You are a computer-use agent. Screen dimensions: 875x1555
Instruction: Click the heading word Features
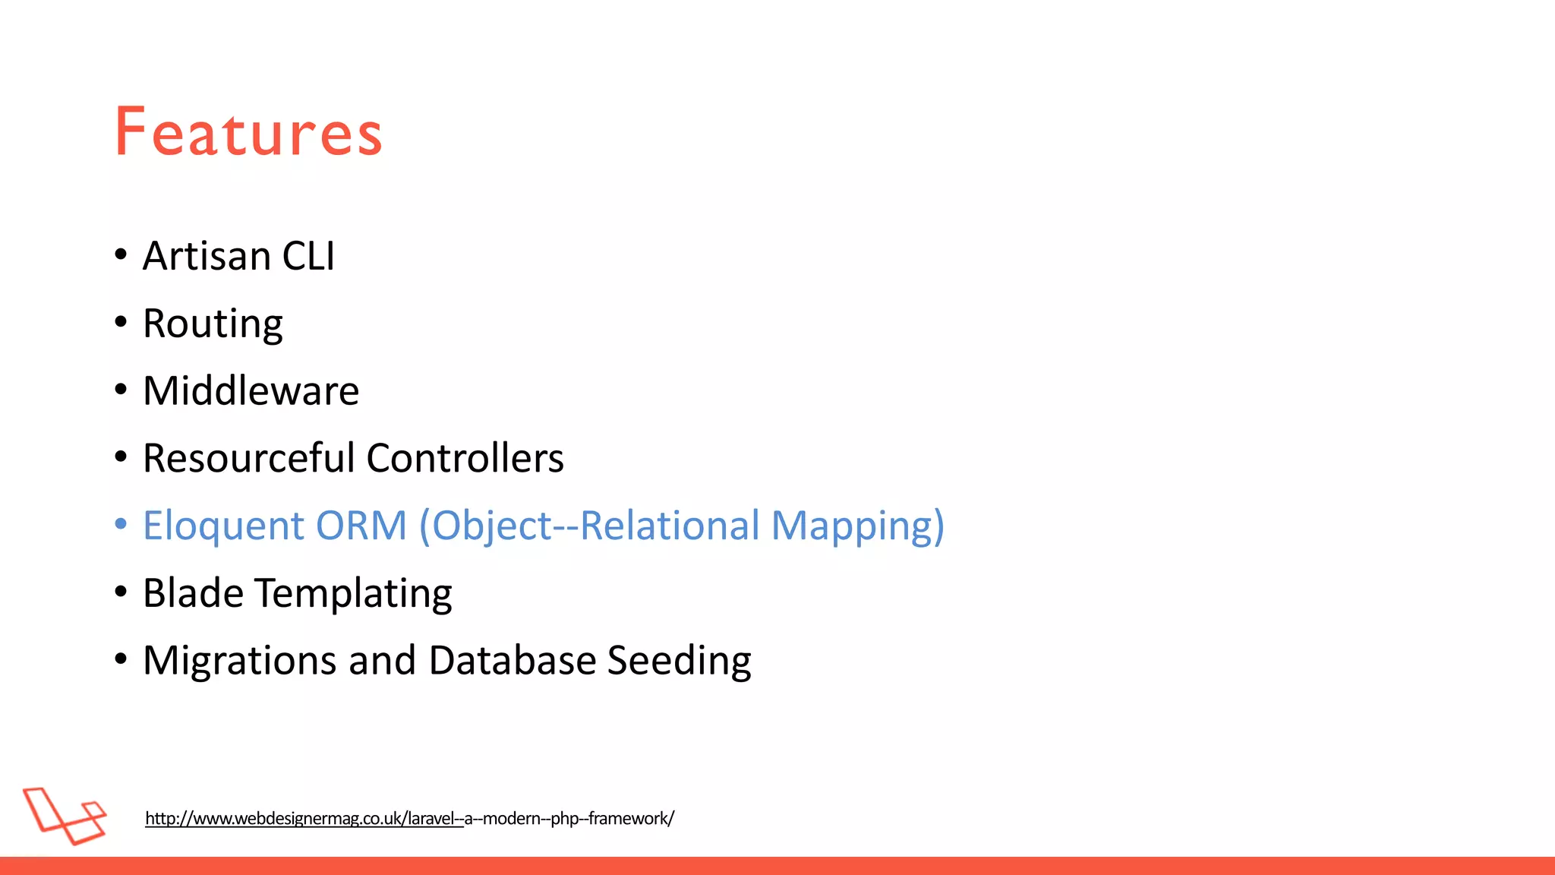tap(248, 132)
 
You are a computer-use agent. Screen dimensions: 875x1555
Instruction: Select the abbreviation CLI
tap(308, 256)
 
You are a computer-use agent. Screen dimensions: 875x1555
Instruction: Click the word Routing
tap(213, 324)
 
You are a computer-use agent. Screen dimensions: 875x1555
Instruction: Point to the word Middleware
tap(251, 391)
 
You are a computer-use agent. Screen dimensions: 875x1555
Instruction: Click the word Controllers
tap(465, 458)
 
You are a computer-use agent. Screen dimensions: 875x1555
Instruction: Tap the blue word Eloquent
tap(223, 526)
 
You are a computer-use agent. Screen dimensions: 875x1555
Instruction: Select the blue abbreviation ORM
tap(361, 526)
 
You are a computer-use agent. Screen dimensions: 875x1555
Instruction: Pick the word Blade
tap(193, 592)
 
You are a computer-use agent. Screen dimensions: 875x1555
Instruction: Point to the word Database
tap(513, 660)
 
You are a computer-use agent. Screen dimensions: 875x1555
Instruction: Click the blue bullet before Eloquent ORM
tap(121, 524)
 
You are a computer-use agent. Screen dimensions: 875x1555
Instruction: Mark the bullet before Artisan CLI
tap(121, 254)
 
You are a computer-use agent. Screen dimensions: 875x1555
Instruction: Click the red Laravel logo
tap(65, 816)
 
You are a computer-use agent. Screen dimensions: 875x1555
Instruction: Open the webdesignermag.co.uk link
tap(409, 819)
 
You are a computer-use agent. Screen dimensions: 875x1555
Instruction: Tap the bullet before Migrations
tap(121, 659)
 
